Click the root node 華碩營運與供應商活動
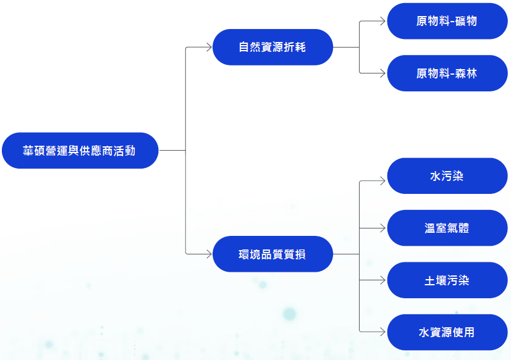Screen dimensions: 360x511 click(x=80, y=150)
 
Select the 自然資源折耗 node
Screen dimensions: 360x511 click(x=272, y=47)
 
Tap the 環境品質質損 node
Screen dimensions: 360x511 click(x=272, y=254)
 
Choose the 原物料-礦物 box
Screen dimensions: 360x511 click(x=447, y=21)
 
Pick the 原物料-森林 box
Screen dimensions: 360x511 click(x=447, y=73)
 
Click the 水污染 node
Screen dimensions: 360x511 click(x=447, y=176)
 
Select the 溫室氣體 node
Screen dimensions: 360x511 click(x=447, y=228)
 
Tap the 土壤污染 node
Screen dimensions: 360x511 click(x=447, y=280)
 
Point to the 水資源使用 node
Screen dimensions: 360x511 click(x=447, y=332)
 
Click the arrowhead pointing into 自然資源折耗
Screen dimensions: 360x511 click(x=208, y=47)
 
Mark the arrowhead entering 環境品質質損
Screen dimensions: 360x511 click(x=208, y=254)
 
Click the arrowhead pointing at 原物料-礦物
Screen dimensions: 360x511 click(x=382, y=21)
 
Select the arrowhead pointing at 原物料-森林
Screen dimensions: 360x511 click(x=382, y=73)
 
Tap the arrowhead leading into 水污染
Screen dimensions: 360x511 click(x=382, y=182)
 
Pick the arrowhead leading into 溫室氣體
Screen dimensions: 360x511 click(x=382, y=228)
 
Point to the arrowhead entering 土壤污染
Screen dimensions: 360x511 click(x=382, y=280)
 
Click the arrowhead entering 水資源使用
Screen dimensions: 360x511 click(x=382, y=332)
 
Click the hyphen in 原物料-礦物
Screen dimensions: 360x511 click(x=452, y=22)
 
